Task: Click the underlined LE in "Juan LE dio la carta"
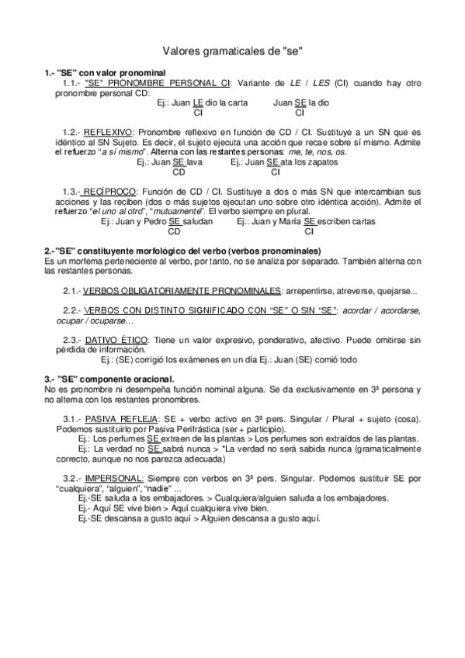(198, 102)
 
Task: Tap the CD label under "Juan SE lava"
(179, 172)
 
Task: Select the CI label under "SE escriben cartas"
(308, 230)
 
